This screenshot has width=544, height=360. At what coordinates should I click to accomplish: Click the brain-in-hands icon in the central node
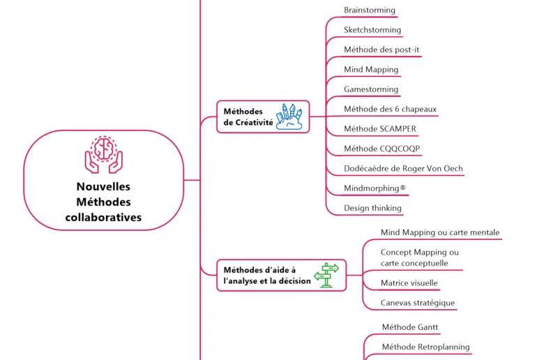103,154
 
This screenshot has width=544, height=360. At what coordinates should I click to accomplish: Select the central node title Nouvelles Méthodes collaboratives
103,202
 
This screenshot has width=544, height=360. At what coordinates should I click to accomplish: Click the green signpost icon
326,275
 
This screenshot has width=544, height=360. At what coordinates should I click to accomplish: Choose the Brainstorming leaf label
370,10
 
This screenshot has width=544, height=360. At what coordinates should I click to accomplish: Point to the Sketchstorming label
372,30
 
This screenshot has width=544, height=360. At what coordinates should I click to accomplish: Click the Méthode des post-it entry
381,50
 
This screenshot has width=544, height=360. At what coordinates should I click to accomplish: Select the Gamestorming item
371,89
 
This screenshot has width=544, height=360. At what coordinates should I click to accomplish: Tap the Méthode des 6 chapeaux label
391,109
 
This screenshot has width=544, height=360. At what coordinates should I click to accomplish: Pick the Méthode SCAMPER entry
380,128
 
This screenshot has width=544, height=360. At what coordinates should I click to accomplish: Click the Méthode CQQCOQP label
382,149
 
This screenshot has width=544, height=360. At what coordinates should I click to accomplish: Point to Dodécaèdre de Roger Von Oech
403,168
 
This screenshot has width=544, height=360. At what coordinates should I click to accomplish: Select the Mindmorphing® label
375,188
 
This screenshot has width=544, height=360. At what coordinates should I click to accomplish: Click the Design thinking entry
372,208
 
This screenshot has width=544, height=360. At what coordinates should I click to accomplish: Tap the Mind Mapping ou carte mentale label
440,232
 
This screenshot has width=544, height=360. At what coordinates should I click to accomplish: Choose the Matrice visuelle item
409,283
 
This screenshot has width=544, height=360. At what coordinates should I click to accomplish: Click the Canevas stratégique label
418,303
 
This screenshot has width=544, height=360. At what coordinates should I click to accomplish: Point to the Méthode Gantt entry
410,327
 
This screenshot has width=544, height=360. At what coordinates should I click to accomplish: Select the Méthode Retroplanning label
425,347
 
